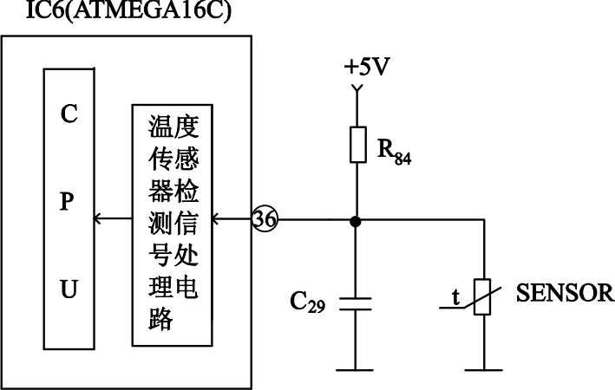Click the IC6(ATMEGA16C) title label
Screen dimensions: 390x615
[116, 13]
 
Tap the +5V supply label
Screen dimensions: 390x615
[365, 67]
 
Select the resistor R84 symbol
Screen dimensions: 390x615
[357, 144]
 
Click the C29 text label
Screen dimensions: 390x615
[307, 303]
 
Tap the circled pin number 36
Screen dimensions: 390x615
[265, 220]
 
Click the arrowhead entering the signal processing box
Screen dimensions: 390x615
[216, 220]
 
